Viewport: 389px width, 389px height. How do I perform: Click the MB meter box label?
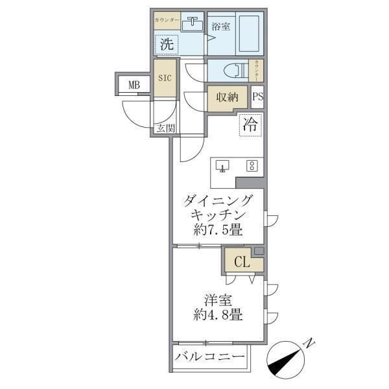134,85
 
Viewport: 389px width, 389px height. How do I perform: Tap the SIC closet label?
165,78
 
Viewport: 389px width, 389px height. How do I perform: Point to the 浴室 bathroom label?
221,27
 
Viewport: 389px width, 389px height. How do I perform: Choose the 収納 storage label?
228,97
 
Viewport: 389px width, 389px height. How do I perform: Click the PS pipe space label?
257,97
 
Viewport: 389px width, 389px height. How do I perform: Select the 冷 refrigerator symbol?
250,124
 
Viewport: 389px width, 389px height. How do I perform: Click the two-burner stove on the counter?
252,165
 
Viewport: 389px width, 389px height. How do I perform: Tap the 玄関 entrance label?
165,128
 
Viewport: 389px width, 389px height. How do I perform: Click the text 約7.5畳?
217,230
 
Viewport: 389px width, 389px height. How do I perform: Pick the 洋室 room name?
217,300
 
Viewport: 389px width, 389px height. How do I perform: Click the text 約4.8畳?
217,316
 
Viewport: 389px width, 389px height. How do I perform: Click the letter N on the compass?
311,342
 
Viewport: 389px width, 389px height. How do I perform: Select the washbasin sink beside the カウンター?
193,25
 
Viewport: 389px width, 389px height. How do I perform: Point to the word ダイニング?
217,200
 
